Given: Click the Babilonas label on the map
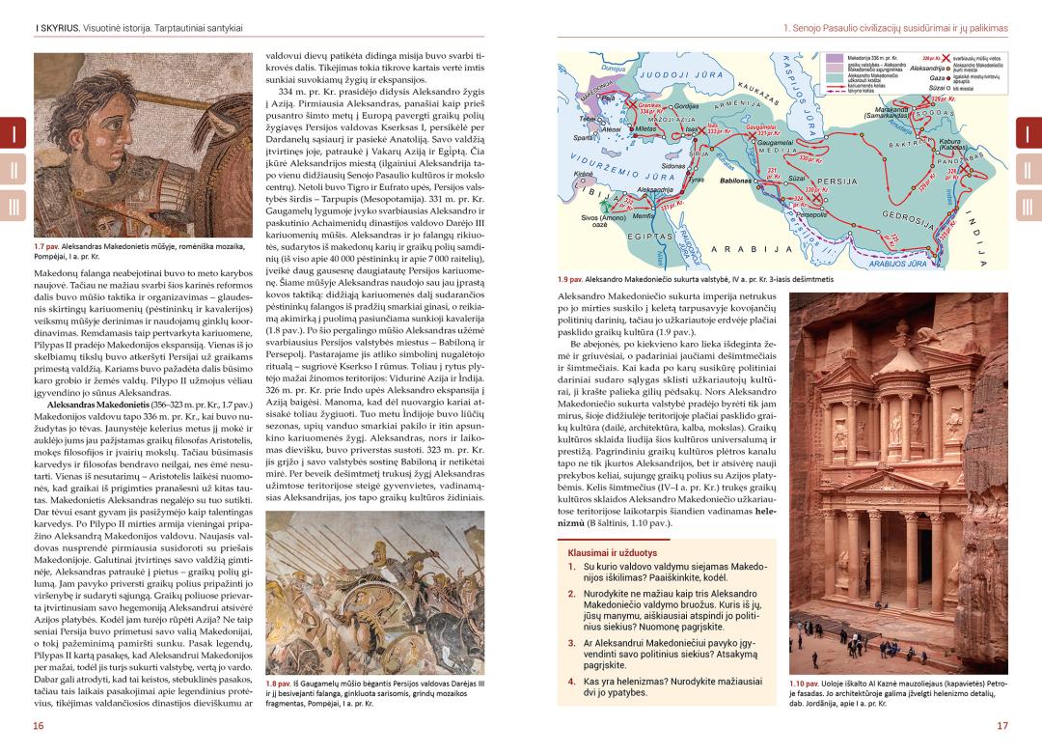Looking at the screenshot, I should click(739, 181).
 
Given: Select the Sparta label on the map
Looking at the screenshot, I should click(583, 138).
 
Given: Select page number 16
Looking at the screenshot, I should click(38, 726).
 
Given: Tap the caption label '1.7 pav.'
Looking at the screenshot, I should click(48, 246).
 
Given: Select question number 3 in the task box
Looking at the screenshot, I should click(571, 642).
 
